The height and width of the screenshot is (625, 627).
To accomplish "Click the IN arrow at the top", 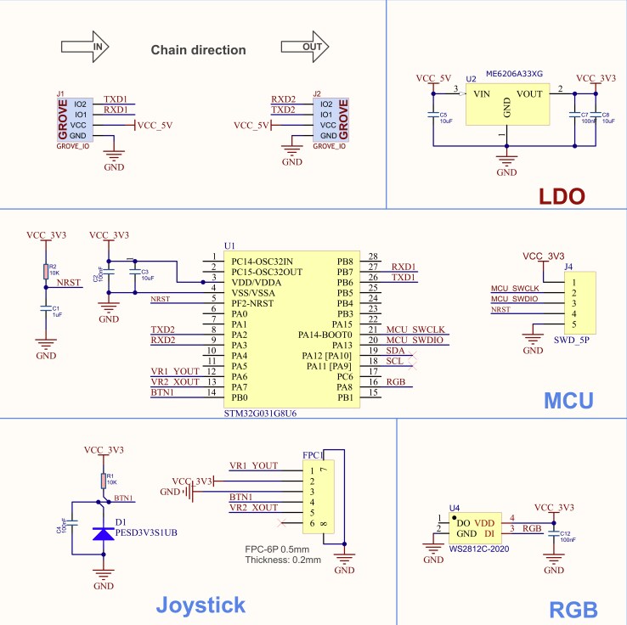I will tap(86, 48).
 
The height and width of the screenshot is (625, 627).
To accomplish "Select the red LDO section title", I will tap(562, 197).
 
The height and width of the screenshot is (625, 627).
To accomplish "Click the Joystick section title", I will tap(201, 605).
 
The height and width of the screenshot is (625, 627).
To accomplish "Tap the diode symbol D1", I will tap(104, 533).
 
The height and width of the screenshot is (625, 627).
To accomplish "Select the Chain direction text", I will tap(198, 50).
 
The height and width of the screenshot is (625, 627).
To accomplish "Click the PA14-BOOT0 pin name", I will tap(325, 335).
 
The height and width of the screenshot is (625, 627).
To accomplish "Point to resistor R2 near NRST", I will tap(46, 271).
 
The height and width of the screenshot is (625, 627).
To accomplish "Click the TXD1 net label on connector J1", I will tap(116, 99).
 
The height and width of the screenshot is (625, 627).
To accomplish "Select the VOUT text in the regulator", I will tap(530, 94).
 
